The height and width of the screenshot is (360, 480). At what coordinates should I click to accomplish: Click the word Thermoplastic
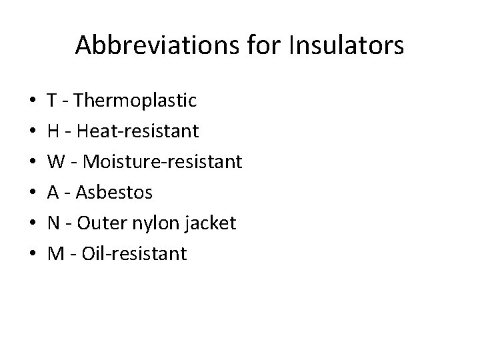137,101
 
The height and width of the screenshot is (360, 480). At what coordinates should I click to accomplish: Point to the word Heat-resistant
137,131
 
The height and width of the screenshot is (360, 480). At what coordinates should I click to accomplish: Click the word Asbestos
115,193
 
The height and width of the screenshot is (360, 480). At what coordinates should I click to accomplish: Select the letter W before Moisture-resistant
55,162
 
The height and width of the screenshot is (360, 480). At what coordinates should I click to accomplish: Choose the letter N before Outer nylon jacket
53,223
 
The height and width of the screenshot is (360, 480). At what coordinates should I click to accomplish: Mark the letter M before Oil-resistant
54,254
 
